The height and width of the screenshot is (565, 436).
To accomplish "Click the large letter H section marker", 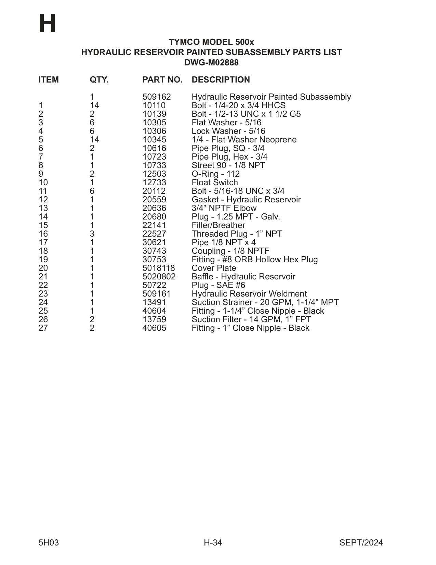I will click(48, 24).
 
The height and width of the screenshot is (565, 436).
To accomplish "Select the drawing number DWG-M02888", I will click(211, 63).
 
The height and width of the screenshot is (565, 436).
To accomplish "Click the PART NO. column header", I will click(162, 80).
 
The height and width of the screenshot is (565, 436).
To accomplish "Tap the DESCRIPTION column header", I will click(221, 80).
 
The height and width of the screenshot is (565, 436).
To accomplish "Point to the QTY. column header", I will click(99, 80).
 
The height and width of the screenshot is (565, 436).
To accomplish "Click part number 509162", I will click(156, 97).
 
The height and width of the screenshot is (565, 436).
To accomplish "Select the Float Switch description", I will click(214, 183).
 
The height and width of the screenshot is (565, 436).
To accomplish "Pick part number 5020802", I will click(159, 277).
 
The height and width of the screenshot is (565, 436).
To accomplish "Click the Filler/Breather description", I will click(218, 225).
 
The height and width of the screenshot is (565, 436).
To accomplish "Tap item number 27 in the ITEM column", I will click(43, 328).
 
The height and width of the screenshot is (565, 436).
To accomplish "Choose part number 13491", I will click(154, 302).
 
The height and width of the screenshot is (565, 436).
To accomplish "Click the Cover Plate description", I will click(214, 268).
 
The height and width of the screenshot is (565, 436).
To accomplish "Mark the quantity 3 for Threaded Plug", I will click(92, 234).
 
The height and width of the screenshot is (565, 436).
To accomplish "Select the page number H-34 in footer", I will click(213, 543).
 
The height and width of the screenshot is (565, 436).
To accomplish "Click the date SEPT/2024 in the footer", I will click(361, 543).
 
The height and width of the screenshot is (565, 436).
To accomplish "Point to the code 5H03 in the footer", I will click(49, 543).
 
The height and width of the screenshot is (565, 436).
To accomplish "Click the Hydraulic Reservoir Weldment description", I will click(249, 294).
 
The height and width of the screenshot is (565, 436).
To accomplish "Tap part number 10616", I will click(154, 148).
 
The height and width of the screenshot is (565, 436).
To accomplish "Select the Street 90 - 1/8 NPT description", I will click(228, 165).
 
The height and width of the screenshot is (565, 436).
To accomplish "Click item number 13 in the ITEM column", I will click(43, 208).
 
